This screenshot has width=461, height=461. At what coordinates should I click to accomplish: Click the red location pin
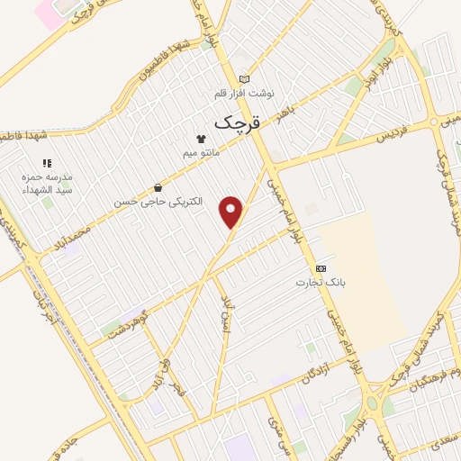click(x=232, y=212)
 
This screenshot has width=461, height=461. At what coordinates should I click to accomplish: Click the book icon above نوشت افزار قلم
click(x=244, y=78)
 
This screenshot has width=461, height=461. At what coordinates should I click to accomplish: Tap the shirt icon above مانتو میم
click(x=201, y=139)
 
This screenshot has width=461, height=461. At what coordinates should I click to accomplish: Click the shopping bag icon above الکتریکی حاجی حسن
click(x=158, y=187)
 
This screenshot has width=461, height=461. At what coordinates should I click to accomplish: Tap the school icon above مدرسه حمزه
click(x=48, y=163)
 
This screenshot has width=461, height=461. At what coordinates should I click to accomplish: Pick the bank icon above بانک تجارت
click(x=320, y=268)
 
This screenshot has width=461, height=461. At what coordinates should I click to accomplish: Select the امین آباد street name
click(x=228, y=315)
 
